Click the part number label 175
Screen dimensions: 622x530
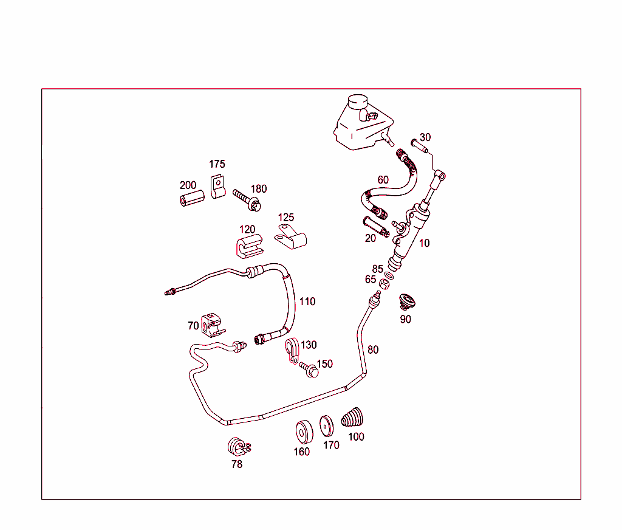(217, 164)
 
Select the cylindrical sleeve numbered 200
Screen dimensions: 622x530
(193, 198)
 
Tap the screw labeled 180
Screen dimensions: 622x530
(247, 200)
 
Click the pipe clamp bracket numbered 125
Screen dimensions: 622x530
(291, 237)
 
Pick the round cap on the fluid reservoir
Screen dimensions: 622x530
(357, 102)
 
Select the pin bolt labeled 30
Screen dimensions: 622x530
(419, 146)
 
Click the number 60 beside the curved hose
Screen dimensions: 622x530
(383, 180)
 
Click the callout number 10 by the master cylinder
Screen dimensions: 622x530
(424, 243)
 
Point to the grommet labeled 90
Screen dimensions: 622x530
(407, 301)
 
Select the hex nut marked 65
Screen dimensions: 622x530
(384, 284)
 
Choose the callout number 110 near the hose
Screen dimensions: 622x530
(307, 301)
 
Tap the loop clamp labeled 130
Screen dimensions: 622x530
(292, 350)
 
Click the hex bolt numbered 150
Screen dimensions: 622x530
(309, 370)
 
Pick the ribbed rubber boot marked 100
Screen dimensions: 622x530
(352, 417)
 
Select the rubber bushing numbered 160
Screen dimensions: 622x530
(304, 432)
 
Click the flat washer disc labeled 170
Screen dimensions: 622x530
(326, 426)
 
